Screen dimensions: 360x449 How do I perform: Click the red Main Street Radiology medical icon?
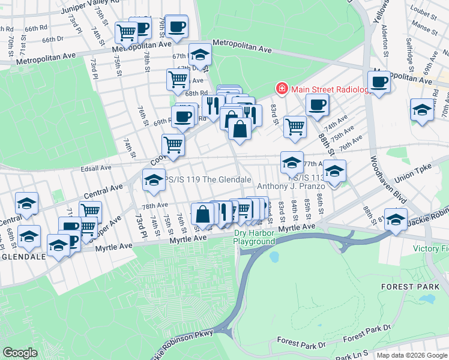coord(282,89)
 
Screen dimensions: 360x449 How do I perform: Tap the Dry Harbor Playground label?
coord(255,237)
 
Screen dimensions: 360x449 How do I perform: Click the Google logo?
coord(20,353)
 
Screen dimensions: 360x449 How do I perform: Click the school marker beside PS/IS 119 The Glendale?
coord(153,180)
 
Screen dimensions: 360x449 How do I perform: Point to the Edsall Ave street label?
coord(95,168)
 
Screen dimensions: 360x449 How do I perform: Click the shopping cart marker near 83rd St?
coord(294,127)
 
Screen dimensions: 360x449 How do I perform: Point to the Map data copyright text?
coord(411,355)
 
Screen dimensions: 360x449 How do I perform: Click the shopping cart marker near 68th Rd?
coord(178,79)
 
